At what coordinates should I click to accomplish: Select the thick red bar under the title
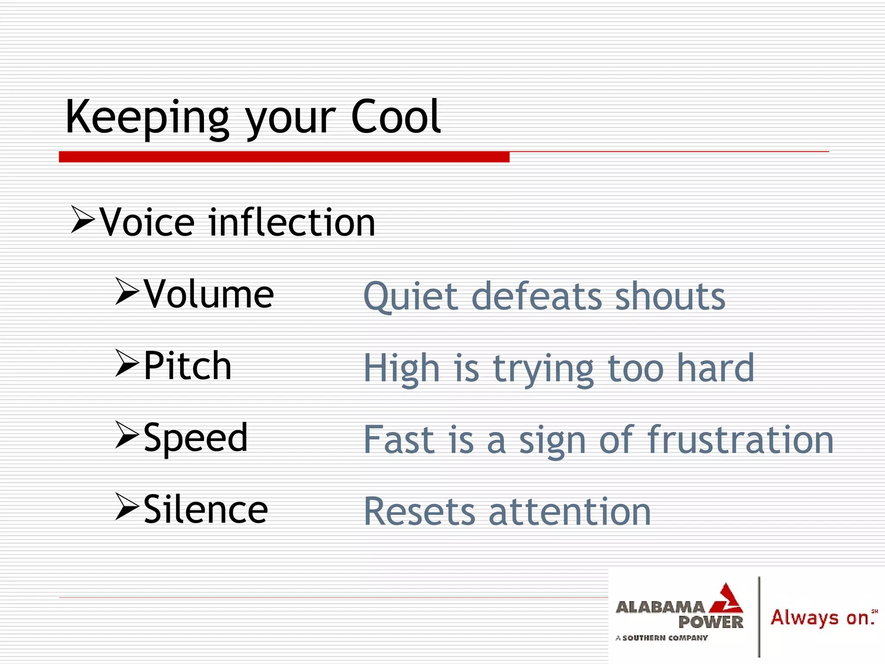click(x=284, y=157)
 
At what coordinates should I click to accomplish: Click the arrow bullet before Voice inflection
click(x=83, y=220)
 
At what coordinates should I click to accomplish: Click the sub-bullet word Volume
click(x=209, y=294)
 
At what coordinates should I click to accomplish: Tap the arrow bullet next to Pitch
click(x=127, y=363)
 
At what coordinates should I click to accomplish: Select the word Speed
click(x=196, y=437)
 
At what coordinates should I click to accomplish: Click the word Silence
click(x=206, y=509)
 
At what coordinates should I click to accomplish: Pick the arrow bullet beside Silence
click(x=127, y=507)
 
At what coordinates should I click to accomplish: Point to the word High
click(x=402, y=368)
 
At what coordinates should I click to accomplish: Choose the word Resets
click(x=419, y=512)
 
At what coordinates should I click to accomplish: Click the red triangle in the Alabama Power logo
click(x=727, y=600)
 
